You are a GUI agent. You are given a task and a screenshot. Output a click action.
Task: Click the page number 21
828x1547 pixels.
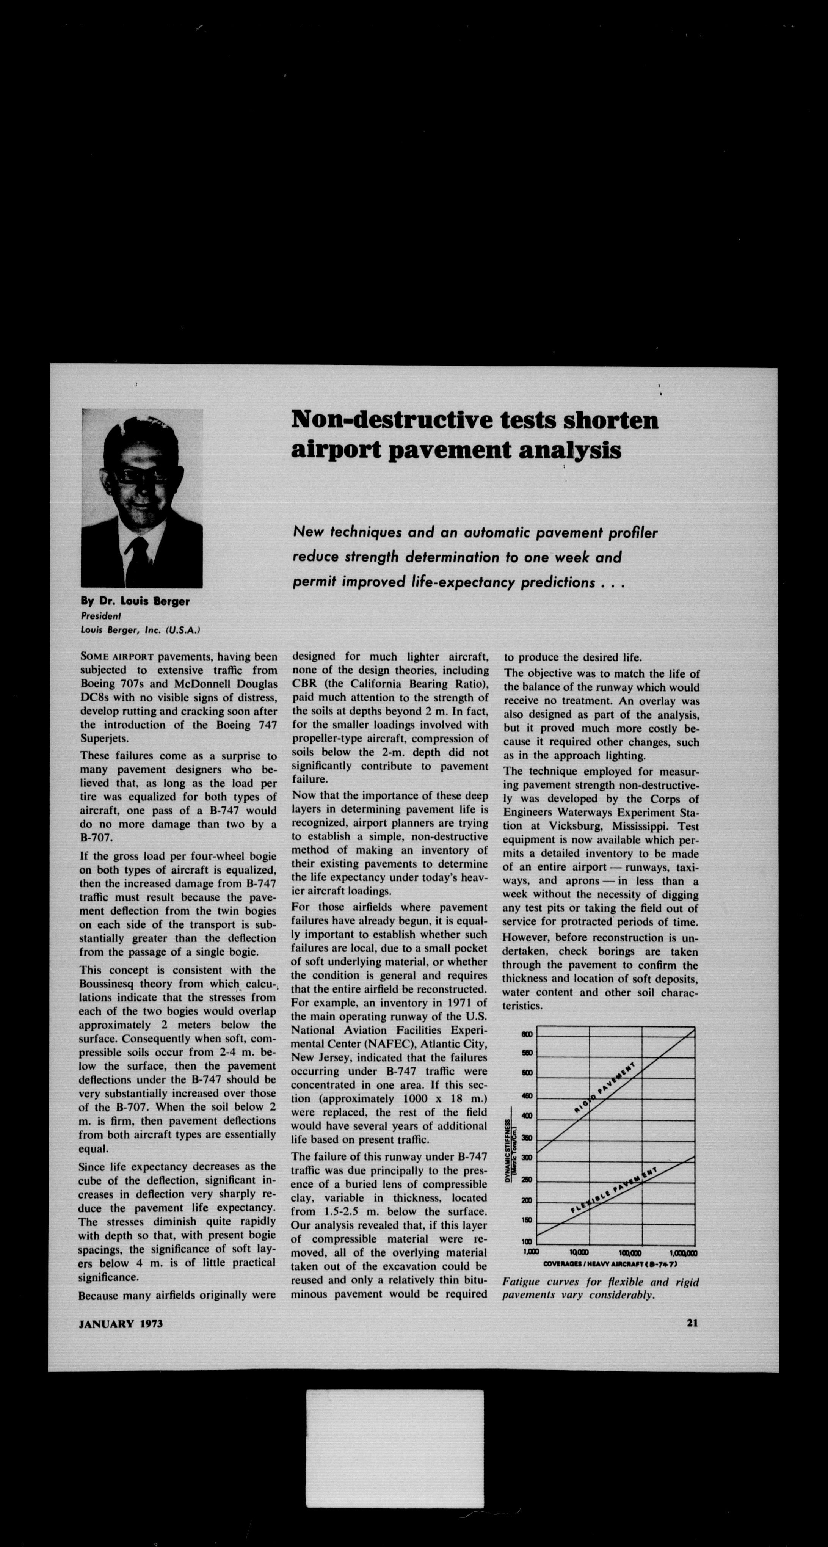click(x=692, y=1323)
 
